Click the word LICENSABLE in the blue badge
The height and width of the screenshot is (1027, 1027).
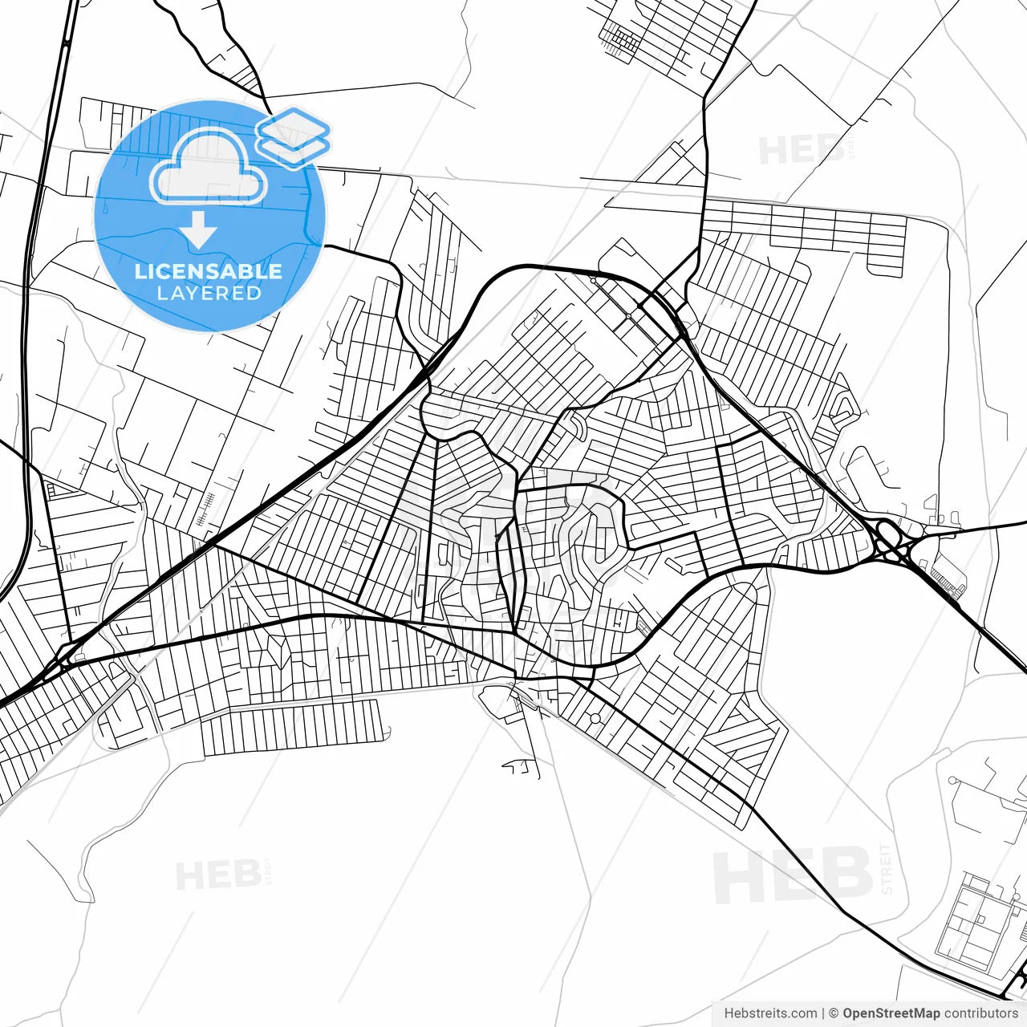point(209,271)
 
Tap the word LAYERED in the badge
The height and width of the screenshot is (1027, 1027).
point(209,293)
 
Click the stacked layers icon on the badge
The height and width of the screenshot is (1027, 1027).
point(293,137)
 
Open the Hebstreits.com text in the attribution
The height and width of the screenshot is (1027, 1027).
point(770,1013)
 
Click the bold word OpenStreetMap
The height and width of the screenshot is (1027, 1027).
point(891,1013)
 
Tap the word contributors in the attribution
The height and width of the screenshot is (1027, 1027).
point(980,1013)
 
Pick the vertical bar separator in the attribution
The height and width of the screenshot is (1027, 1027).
point(824,1013)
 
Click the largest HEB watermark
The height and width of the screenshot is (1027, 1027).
point(792,875)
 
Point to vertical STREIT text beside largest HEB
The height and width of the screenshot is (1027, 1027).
point(886,868)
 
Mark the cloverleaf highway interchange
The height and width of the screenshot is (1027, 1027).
point(889,544)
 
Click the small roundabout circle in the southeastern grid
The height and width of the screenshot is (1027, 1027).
point(595,716)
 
